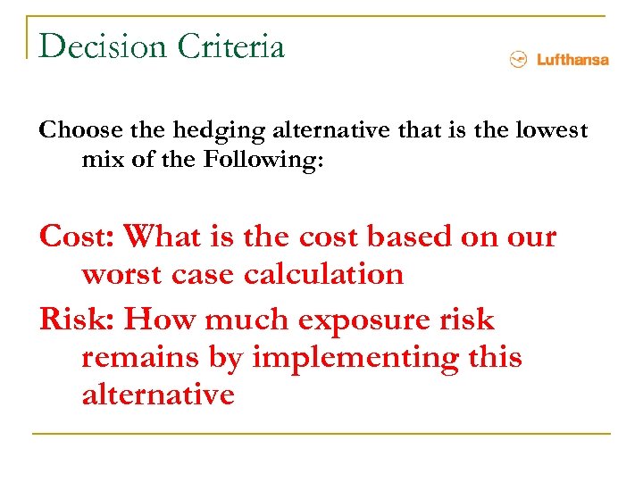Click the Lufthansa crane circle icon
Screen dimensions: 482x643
[x=516, y=60]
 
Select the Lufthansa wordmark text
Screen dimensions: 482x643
[x=572, y=60]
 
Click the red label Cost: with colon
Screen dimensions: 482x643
[x=77, y=237]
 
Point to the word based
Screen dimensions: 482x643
[x=419, y=237]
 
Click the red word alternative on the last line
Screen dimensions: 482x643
[x=158, y=394]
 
